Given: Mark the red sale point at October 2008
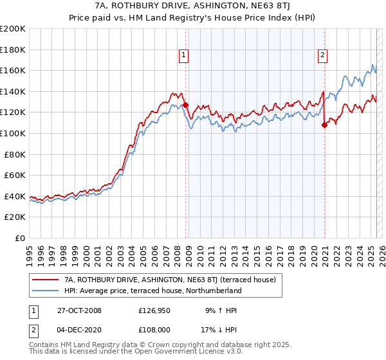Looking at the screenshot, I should pos(185,105).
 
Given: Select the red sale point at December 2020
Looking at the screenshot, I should pos(324,125).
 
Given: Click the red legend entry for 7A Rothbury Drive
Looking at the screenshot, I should pos(170,280).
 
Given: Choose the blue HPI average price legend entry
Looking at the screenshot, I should pos(152,291).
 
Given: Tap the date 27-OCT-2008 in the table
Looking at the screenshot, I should pos(78,310).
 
